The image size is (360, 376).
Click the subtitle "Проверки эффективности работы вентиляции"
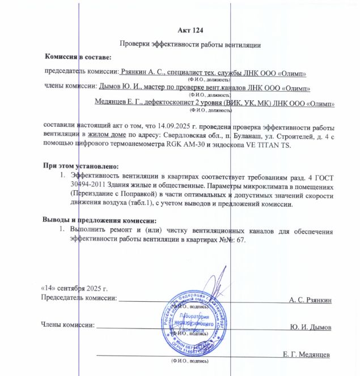[x=190, y=44]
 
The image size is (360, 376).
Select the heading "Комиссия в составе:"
[x=78, y=57]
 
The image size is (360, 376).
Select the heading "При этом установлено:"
[x=81, y=166]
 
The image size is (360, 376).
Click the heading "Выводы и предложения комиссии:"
[x=99, y=220]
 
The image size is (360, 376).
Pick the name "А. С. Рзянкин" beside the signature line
[x=310, y=298]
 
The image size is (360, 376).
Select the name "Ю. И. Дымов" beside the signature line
[x=311, y=327]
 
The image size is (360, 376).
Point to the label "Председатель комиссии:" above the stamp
[x=79, y=298]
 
